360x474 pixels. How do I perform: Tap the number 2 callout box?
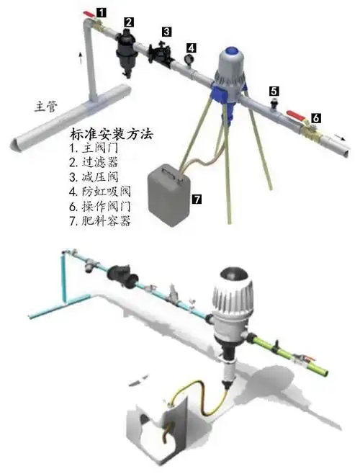(x=127, y=22)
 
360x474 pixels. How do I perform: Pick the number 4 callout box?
(x=191, y=48)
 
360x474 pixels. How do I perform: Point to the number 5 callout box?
(x=274, y=91)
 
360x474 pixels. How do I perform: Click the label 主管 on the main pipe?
(x=46, y=106)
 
